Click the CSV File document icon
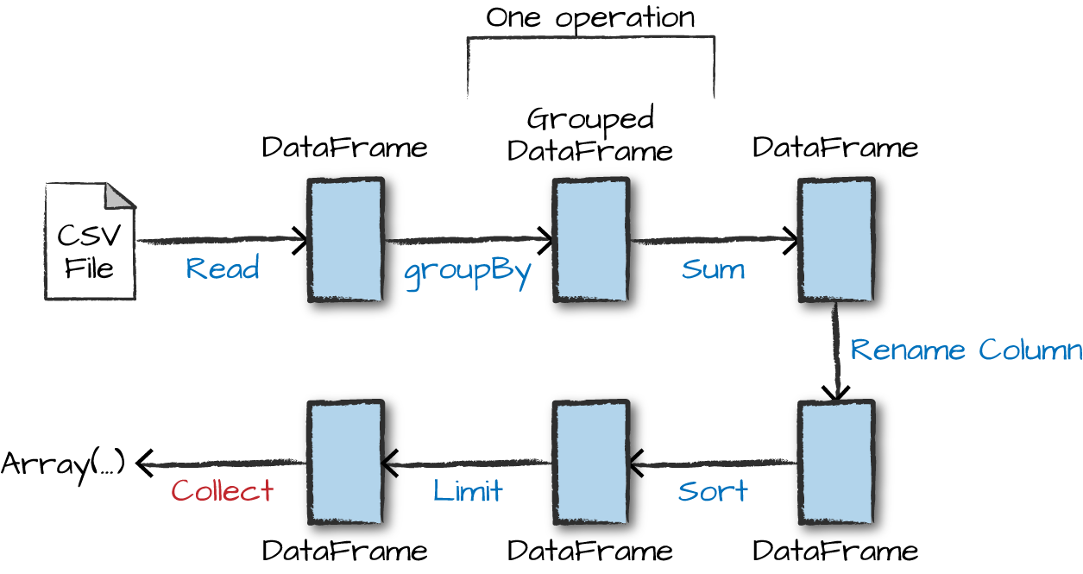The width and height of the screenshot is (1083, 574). pyautogui.click(x=90, y=242)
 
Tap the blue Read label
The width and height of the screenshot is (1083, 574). pyautogui.click(x=223, y=268)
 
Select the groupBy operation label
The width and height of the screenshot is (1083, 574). pyautogui.click(x=467, y=270)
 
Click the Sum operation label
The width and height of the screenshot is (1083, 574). pyautogui.click(x=713, y=268)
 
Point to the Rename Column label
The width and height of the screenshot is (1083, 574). pyautogui.click(x=966, y=350)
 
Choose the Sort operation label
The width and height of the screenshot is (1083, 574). pyautogui.click(x=713, y=491)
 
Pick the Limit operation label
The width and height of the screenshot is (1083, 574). pyautogui.click(x=468, y=491)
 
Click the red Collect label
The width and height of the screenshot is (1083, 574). pyautogui.click(x=223, y=491)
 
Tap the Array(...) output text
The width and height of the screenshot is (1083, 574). pyautogui.click(x=63, y=464)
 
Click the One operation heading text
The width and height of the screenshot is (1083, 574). pyautogui.click(x=590, y=17)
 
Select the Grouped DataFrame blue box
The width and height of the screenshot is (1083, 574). pyautogui.click(x=591, y=240)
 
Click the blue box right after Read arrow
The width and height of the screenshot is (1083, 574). pyautogui.click(x=346, y=240)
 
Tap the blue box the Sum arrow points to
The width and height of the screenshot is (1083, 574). pyautogui.click(x=836, y=240)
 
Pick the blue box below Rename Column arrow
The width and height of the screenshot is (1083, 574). pyautogui.click(x=836, y=462)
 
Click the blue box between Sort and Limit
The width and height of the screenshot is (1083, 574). pyautogui.click(x=591, y=462)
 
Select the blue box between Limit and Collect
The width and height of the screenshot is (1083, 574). pyautogui.click(x=346, y=462)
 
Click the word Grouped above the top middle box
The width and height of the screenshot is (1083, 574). pyautogui.click(x=590, y=118)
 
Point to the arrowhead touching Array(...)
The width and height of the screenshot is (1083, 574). pyautogui.click(x=144, y=464)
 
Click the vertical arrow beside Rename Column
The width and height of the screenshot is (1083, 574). pyautogui.click(x=836, y=350)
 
